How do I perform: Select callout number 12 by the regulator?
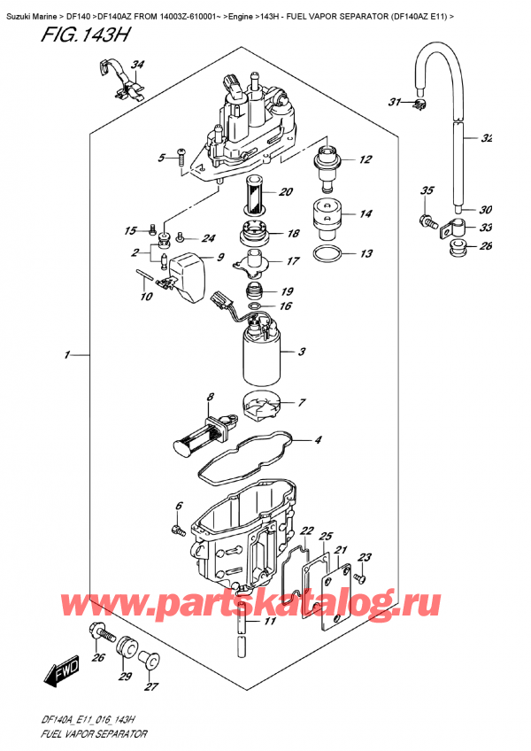365,159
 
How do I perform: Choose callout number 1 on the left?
67,356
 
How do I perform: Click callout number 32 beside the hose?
486,138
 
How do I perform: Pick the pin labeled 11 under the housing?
239,636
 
